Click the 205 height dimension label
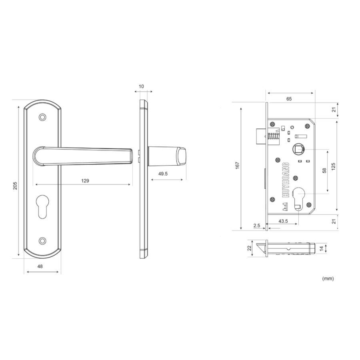15,186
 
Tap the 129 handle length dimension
85,181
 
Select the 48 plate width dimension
40,266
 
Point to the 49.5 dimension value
163,174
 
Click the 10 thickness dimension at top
141,86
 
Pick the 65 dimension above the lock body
289,99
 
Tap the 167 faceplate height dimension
237,165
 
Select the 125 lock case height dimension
333,166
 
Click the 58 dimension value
324,170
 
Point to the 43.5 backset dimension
283,221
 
